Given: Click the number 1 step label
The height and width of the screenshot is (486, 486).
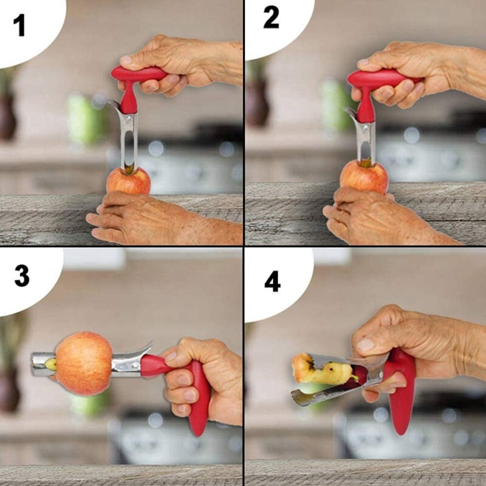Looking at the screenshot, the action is pyautogui.click(x=19, y=26).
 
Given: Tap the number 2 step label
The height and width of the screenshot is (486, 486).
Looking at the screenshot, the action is pyautogui.click(x=271, y=18).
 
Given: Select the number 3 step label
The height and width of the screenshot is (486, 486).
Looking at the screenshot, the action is pyautogui.click(x=22, y=276).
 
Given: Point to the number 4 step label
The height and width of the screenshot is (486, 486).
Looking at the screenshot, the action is pyautogui.click(x=272, y=281).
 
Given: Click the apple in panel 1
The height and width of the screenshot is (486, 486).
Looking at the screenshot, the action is pyautogui.click(x=128, y=181).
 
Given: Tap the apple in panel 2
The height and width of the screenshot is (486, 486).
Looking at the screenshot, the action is pyautogui.click(x=364, y=177).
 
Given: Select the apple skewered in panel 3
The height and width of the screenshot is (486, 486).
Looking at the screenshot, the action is pyautogui.click(x=84, y=363).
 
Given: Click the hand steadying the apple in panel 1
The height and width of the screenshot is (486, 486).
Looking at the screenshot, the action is pyautogui.click(x=161, y=219).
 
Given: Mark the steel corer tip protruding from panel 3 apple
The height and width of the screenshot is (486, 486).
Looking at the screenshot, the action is pyautogui.click(x=43, y=364).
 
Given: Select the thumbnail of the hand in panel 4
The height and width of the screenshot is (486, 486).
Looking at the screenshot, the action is pyautogui.click(x=366, y=344).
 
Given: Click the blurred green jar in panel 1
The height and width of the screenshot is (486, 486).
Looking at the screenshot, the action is pyautogui.click(x=84, y=119).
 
